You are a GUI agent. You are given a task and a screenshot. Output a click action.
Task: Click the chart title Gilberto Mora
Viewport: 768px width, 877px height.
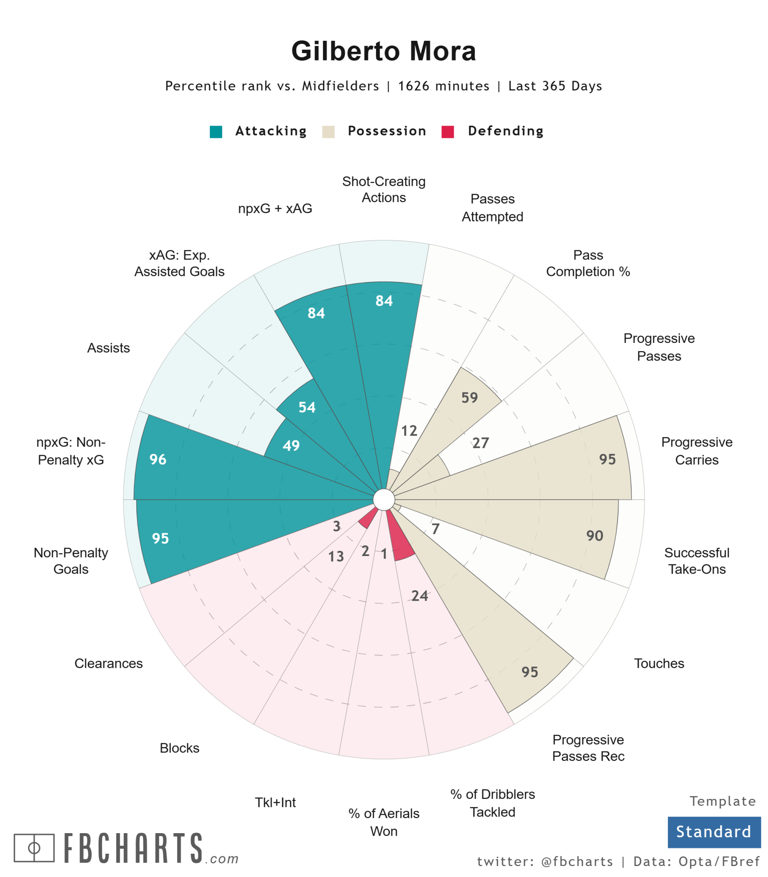tap(384, 51)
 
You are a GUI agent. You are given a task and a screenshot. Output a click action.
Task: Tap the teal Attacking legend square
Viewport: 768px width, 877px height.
tap(216, 132)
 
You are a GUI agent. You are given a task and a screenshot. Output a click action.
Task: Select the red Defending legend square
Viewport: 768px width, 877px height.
tap(447, 132)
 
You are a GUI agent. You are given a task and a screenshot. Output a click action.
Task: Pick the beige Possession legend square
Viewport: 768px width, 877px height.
tap(328, 132)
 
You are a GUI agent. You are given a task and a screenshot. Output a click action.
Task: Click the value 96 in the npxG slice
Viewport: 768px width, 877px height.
tap(158, 459)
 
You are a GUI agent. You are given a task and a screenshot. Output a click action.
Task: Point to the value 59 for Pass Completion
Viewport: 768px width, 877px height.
tap(469, 397)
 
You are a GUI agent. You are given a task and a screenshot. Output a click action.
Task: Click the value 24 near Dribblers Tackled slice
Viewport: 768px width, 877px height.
tap(420, 595)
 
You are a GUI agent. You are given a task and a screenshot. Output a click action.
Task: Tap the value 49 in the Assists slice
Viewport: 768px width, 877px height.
tap(291, 446)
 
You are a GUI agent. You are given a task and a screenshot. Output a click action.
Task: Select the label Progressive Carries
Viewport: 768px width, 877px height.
tap(696, 450)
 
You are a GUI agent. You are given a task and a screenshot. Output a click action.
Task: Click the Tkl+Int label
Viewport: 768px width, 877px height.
tap(275, 802)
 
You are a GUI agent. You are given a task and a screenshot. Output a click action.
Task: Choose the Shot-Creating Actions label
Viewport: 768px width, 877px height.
tap(384, 189)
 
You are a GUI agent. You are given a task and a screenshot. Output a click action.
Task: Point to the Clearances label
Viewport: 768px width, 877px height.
tap(108, 663)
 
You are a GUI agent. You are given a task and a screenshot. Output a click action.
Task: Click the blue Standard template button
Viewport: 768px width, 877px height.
tap(714, 832)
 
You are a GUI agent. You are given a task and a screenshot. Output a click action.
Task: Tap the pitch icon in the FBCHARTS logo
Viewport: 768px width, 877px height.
tap(34, 848)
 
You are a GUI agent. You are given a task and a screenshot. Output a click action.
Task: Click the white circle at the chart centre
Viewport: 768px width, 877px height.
tap(384, 499)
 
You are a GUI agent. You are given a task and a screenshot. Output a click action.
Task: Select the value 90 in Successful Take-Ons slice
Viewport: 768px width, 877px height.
tap(595, 535)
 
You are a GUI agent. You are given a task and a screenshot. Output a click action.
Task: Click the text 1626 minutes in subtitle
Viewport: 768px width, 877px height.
tap(443, 86)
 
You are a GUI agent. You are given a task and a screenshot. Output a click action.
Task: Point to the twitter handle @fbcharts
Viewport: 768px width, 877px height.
tap(577, 861)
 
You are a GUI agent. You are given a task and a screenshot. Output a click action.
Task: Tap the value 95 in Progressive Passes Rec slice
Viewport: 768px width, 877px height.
tap(530, 672)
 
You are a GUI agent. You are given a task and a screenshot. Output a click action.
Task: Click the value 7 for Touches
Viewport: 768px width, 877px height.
tap(435, 528)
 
